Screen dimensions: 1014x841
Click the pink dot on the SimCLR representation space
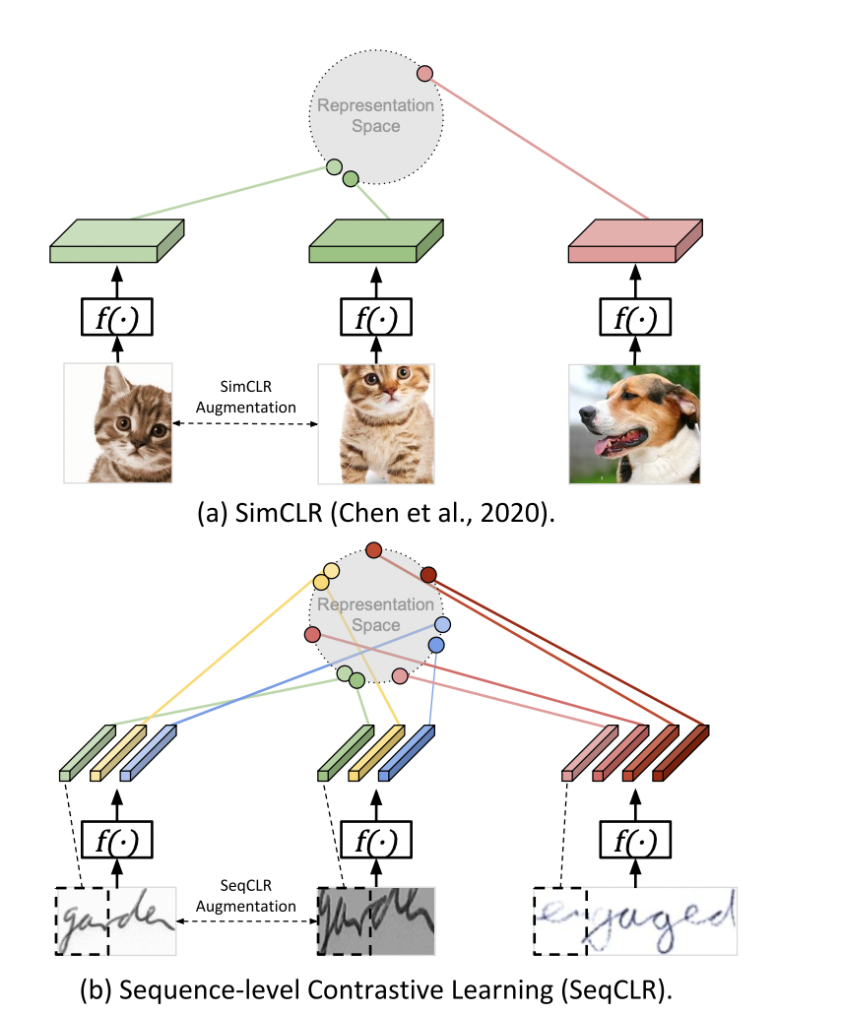[425, 73]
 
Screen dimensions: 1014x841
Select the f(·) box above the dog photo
[635, 317]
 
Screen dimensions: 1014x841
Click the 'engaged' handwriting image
[635, 919]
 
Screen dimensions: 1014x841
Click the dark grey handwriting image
[375, 919]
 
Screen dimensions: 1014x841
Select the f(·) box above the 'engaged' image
[635, 840]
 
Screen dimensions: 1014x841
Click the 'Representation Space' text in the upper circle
[374, 115]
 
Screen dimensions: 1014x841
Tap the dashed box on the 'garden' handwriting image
[81, 920]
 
